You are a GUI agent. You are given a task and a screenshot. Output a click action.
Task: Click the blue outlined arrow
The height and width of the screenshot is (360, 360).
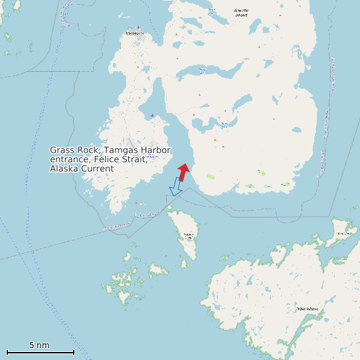(176, 187)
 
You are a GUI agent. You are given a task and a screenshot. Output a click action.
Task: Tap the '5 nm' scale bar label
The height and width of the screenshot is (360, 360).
(39, 345)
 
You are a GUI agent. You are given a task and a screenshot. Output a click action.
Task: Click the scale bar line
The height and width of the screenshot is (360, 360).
(40, 352)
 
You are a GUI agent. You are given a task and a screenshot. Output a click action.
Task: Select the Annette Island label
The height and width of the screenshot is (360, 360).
(240, 12)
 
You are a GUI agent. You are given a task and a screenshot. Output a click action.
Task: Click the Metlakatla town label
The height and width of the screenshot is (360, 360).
(134, 33)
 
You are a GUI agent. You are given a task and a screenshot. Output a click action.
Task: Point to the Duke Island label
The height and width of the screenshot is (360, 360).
(307, 309)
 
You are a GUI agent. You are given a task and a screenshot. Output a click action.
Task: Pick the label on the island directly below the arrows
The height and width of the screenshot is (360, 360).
(188, 234)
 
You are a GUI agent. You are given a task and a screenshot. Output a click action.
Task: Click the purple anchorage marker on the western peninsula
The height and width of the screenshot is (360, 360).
(152, 116)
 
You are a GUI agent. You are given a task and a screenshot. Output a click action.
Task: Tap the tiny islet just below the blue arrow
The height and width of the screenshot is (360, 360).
(169, 208)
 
